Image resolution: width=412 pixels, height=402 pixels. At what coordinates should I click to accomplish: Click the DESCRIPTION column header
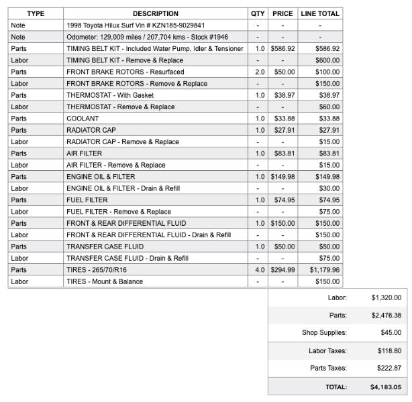click(x=155, y=13)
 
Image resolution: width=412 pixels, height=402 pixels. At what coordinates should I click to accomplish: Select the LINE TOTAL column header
click(x=320, y=13)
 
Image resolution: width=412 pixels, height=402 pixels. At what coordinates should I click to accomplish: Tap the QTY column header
click(x=258, y=13)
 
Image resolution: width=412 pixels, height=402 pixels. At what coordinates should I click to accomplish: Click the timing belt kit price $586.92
click(x=282, y=49)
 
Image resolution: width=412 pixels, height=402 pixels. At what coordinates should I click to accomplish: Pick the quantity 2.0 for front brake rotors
click(x=258, y=72)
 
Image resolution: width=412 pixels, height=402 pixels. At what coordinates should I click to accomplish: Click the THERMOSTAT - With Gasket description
click(x=110, y=95)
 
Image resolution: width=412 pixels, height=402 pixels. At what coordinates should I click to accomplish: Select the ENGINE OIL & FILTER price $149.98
click(x=282, y=177)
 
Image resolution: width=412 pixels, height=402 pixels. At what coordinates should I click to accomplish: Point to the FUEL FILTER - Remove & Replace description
click(x=118, y=212)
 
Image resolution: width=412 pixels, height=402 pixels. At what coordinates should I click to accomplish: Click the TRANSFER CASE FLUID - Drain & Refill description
click(x=127, y=258)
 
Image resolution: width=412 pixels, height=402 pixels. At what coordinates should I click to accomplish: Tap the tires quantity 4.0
click(x=258, y=270)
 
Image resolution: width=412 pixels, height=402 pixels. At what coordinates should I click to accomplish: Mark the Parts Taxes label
click(x=328, y=368)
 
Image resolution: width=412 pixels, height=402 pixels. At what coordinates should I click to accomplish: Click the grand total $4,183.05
click(x=385, y=387)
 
